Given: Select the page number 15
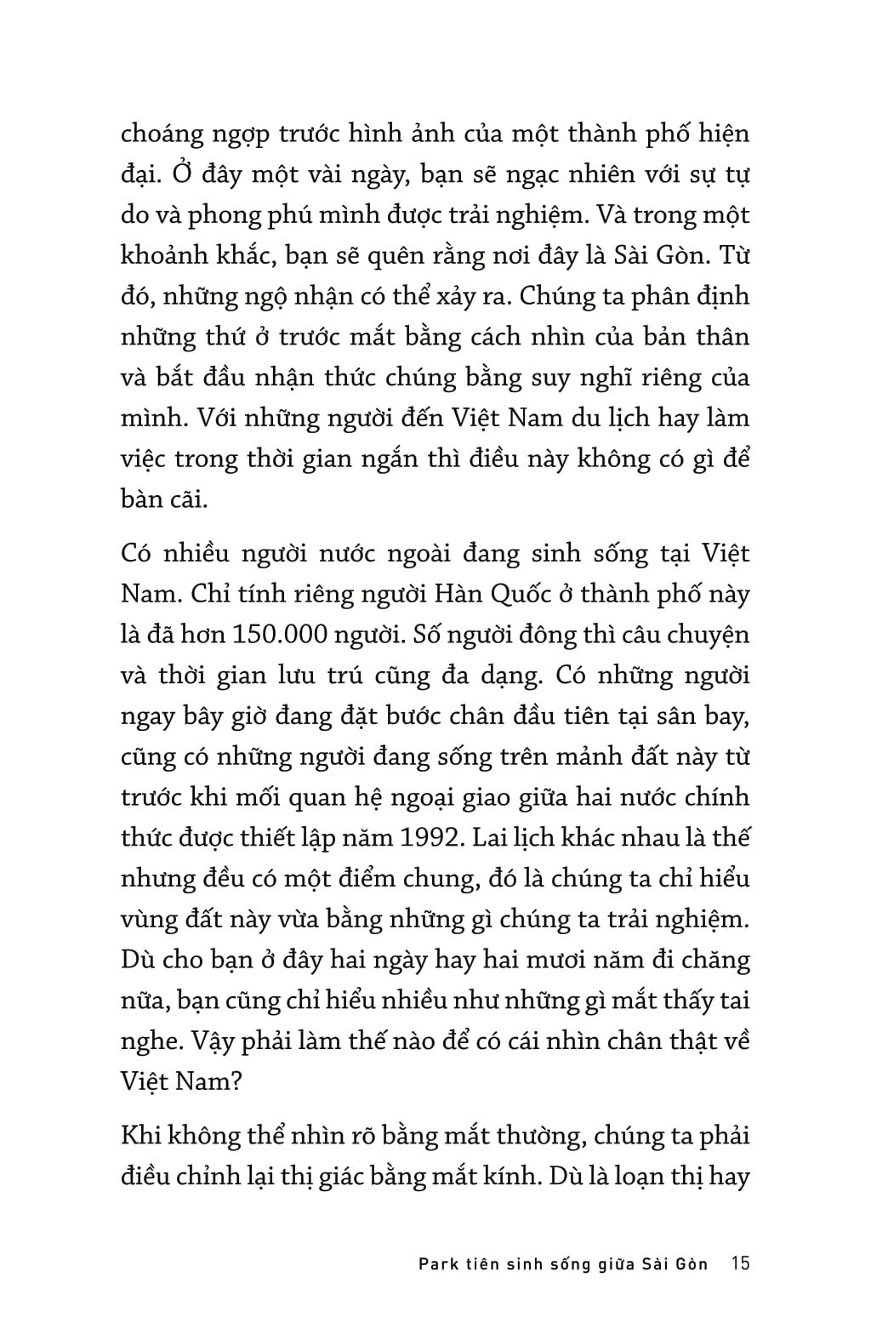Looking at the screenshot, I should click(x=740, y=1263).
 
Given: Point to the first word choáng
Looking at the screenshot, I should click(x=163, y=134).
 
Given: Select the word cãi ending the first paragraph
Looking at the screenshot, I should click(x=186, y=499).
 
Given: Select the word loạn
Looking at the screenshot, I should click(x=628, y=1177).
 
